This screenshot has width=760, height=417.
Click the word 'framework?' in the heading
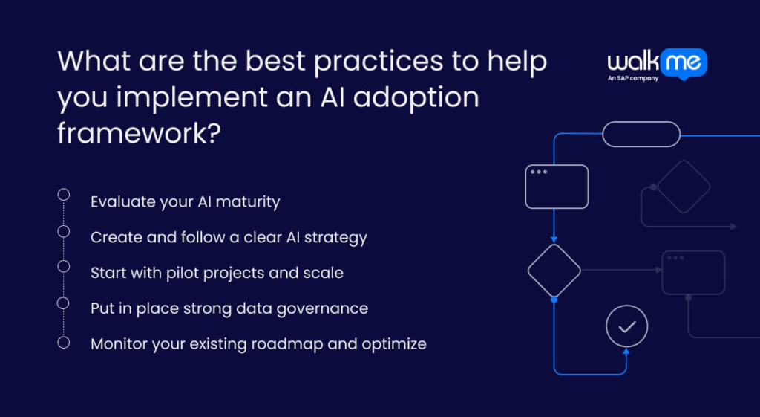coord(138,132)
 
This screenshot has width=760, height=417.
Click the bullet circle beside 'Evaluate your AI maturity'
coord(64,195)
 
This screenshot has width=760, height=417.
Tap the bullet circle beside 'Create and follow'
coord(64,230)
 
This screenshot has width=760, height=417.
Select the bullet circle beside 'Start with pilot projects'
coord(64,266)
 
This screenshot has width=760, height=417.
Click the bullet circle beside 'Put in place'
coord(64,303)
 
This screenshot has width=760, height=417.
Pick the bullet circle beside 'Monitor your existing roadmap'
coord(64,342)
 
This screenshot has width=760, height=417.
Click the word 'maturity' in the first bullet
coord(249,201)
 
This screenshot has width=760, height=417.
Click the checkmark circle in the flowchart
coord(626,326)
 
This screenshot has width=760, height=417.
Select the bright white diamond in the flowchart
coord(554,271)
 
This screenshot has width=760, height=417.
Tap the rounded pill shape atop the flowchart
coord(641,134)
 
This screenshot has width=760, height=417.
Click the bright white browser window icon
coord(557,186)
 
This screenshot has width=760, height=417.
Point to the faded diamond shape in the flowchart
coord(684,187)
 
